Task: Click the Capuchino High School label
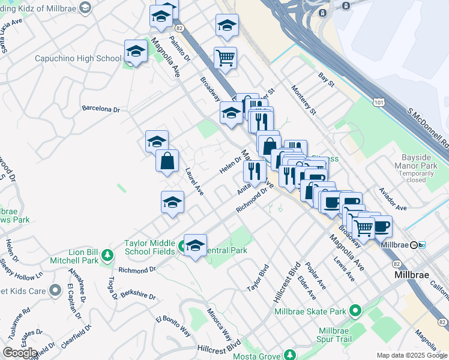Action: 78,58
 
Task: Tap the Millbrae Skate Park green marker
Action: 355,311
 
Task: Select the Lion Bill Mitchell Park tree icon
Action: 107,256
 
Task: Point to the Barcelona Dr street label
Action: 101,110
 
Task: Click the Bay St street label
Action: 326,79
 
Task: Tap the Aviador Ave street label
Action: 393,199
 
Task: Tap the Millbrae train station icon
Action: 414,245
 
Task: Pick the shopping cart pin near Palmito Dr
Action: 225,58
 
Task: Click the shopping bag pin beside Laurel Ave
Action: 167,161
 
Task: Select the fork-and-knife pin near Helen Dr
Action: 255,172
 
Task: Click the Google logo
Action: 20,353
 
